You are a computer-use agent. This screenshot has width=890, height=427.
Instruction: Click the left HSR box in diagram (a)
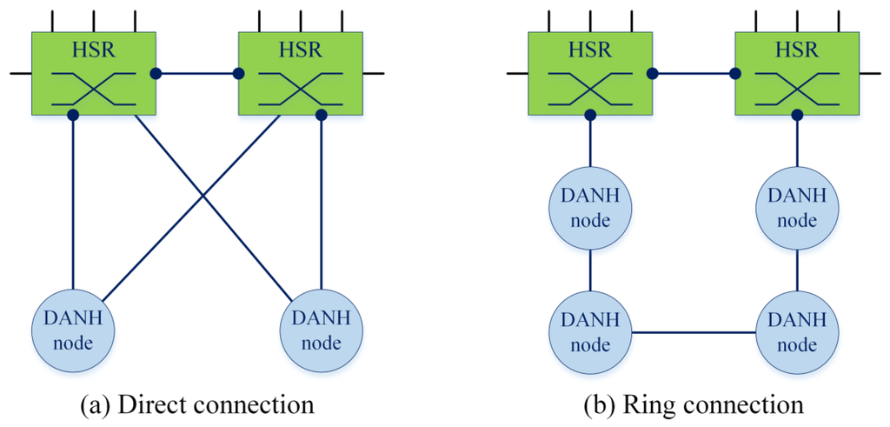[93, 73]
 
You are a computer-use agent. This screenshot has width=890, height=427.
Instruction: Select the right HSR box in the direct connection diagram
[300, 73]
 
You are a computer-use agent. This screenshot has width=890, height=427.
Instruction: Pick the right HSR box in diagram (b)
[796, 73]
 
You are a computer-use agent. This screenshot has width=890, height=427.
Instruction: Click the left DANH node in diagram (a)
[72, 331]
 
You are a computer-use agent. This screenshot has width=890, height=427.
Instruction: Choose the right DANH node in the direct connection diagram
[321, 331]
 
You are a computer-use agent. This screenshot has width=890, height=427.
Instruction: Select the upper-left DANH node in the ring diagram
[590, 209]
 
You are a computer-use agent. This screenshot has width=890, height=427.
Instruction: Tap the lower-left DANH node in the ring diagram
[590, 333]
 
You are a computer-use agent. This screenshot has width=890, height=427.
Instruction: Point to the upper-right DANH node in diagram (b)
[797, 209]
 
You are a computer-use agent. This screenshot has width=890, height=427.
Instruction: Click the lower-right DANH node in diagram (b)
[797, 333]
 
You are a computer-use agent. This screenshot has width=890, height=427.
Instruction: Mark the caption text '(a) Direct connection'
[195, 404]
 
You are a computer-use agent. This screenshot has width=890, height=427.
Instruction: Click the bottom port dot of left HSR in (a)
[73, 115]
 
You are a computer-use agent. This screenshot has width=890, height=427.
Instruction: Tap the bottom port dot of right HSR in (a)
[321, 115]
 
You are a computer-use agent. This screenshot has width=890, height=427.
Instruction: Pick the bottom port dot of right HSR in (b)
[797, 115]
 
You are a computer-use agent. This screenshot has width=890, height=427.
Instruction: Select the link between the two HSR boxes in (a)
[197, 74]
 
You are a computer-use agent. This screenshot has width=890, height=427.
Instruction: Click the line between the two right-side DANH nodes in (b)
[797, 270]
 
